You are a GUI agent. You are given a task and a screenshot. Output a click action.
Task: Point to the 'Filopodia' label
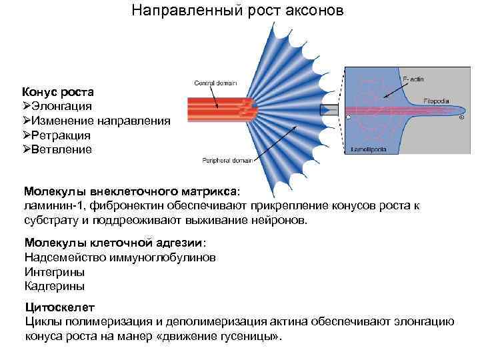[x=434, y=101]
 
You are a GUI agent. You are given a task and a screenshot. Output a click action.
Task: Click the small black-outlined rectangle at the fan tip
[x=329, y=110]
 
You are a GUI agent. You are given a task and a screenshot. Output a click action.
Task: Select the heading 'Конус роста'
[x=58, y=91]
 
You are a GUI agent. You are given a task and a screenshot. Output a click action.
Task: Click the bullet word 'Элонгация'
[x=63, y=106]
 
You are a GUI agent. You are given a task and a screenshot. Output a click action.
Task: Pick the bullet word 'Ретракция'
[x=62, y=135]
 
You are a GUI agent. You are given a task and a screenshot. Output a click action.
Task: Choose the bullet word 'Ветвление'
[x=62, y=149]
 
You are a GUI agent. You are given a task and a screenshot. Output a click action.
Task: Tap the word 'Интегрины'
[x=55, y=272]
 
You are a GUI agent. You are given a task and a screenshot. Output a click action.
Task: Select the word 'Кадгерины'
[x=55, y=286]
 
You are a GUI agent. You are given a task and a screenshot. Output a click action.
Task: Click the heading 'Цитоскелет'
[x=59, y=308]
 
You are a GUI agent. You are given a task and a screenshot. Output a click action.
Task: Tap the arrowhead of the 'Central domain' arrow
[x=217, y=107]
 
